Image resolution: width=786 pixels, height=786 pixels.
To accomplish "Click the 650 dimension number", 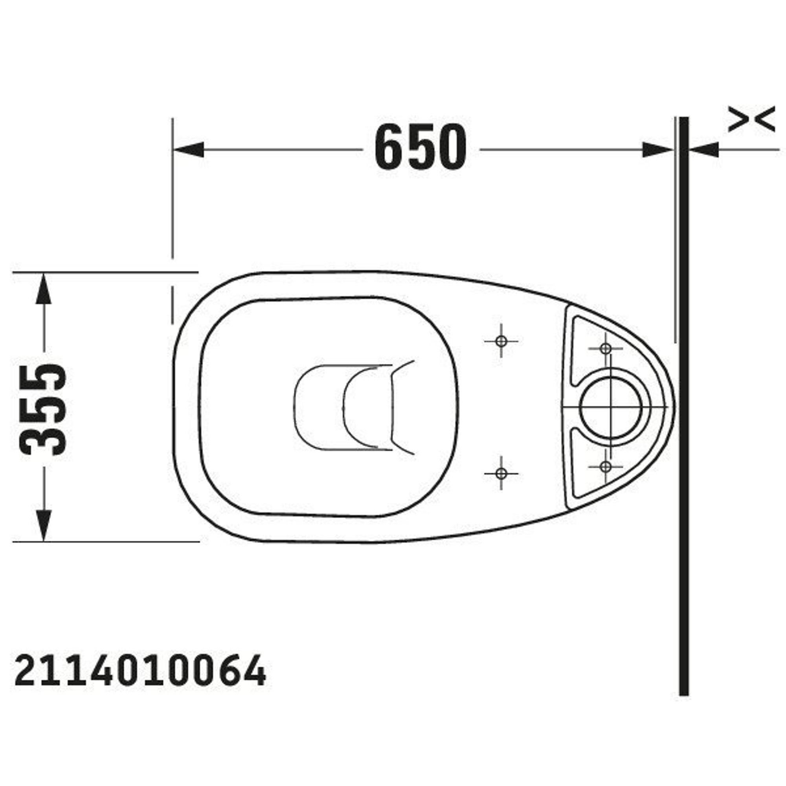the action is (x=420, y=147).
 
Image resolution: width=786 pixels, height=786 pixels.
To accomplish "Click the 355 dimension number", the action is (x=43, y=409).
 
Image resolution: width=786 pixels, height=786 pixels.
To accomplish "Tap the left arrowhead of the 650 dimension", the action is (x=188, y=150).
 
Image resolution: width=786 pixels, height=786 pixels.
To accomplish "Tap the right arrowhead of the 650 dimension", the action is (x=658, y=150).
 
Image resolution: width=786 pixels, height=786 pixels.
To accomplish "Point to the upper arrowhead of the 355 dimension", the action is (x=44, y=288).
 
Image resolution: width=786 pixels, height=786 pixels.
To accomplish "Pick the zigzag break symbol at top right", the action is (x=751, y=119).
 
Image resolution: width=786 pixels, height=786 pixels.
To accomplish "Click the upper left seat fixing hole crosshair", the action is (x=501, y=341).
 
